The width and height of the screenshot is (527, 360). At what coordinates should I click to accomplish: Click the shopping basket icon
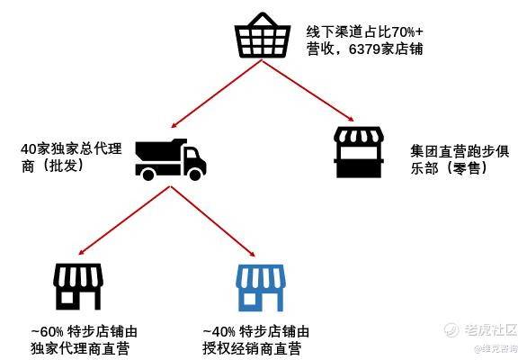click(263, 36)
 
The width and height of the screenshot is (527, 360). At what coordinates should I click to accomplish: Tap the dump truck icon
click(170, 159)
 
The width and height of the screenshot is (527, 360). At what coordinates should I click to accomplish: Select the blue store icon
click(261, 288)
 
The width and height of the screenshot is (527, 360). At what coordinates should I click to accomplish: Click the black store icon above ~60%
click(78, 286)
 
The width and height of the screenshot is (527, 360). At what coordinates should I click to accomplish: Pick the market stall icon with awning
click(359, 152)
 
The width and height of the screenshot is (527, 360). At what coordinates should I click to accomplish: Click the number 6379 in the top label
click(364, 49)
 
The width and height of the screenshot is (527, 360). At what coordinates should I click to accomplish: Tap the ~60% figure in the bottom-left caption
click(47, 332)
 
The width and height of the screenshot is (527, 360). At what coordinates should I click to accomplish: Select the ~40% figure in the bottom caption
click(219, 332)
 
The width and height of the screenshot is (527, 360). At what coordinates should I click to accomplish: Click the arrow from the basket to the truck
click(217, 94)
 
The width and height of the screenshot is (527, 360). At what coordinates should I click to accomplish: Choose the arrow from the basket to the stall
click(308, 90)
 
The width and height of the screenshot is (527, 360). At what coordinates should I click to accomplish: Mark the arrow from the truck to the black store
click(124, 220)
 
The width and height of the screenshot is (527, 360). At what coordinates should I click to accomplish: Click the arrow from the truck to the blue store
click(213, 221)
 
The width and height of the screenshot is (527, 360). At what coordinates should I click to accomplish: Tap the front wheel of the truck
click(195, 175)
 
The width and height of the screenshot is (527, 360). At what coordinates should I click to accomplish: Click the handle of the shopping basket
click(263, 20)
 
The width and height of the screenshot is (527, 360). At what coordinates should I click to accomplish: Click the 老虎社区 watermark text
click(491, 329)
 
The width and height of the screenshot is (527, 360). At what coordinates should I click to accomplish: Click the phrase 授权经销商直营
click(252, 348)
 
